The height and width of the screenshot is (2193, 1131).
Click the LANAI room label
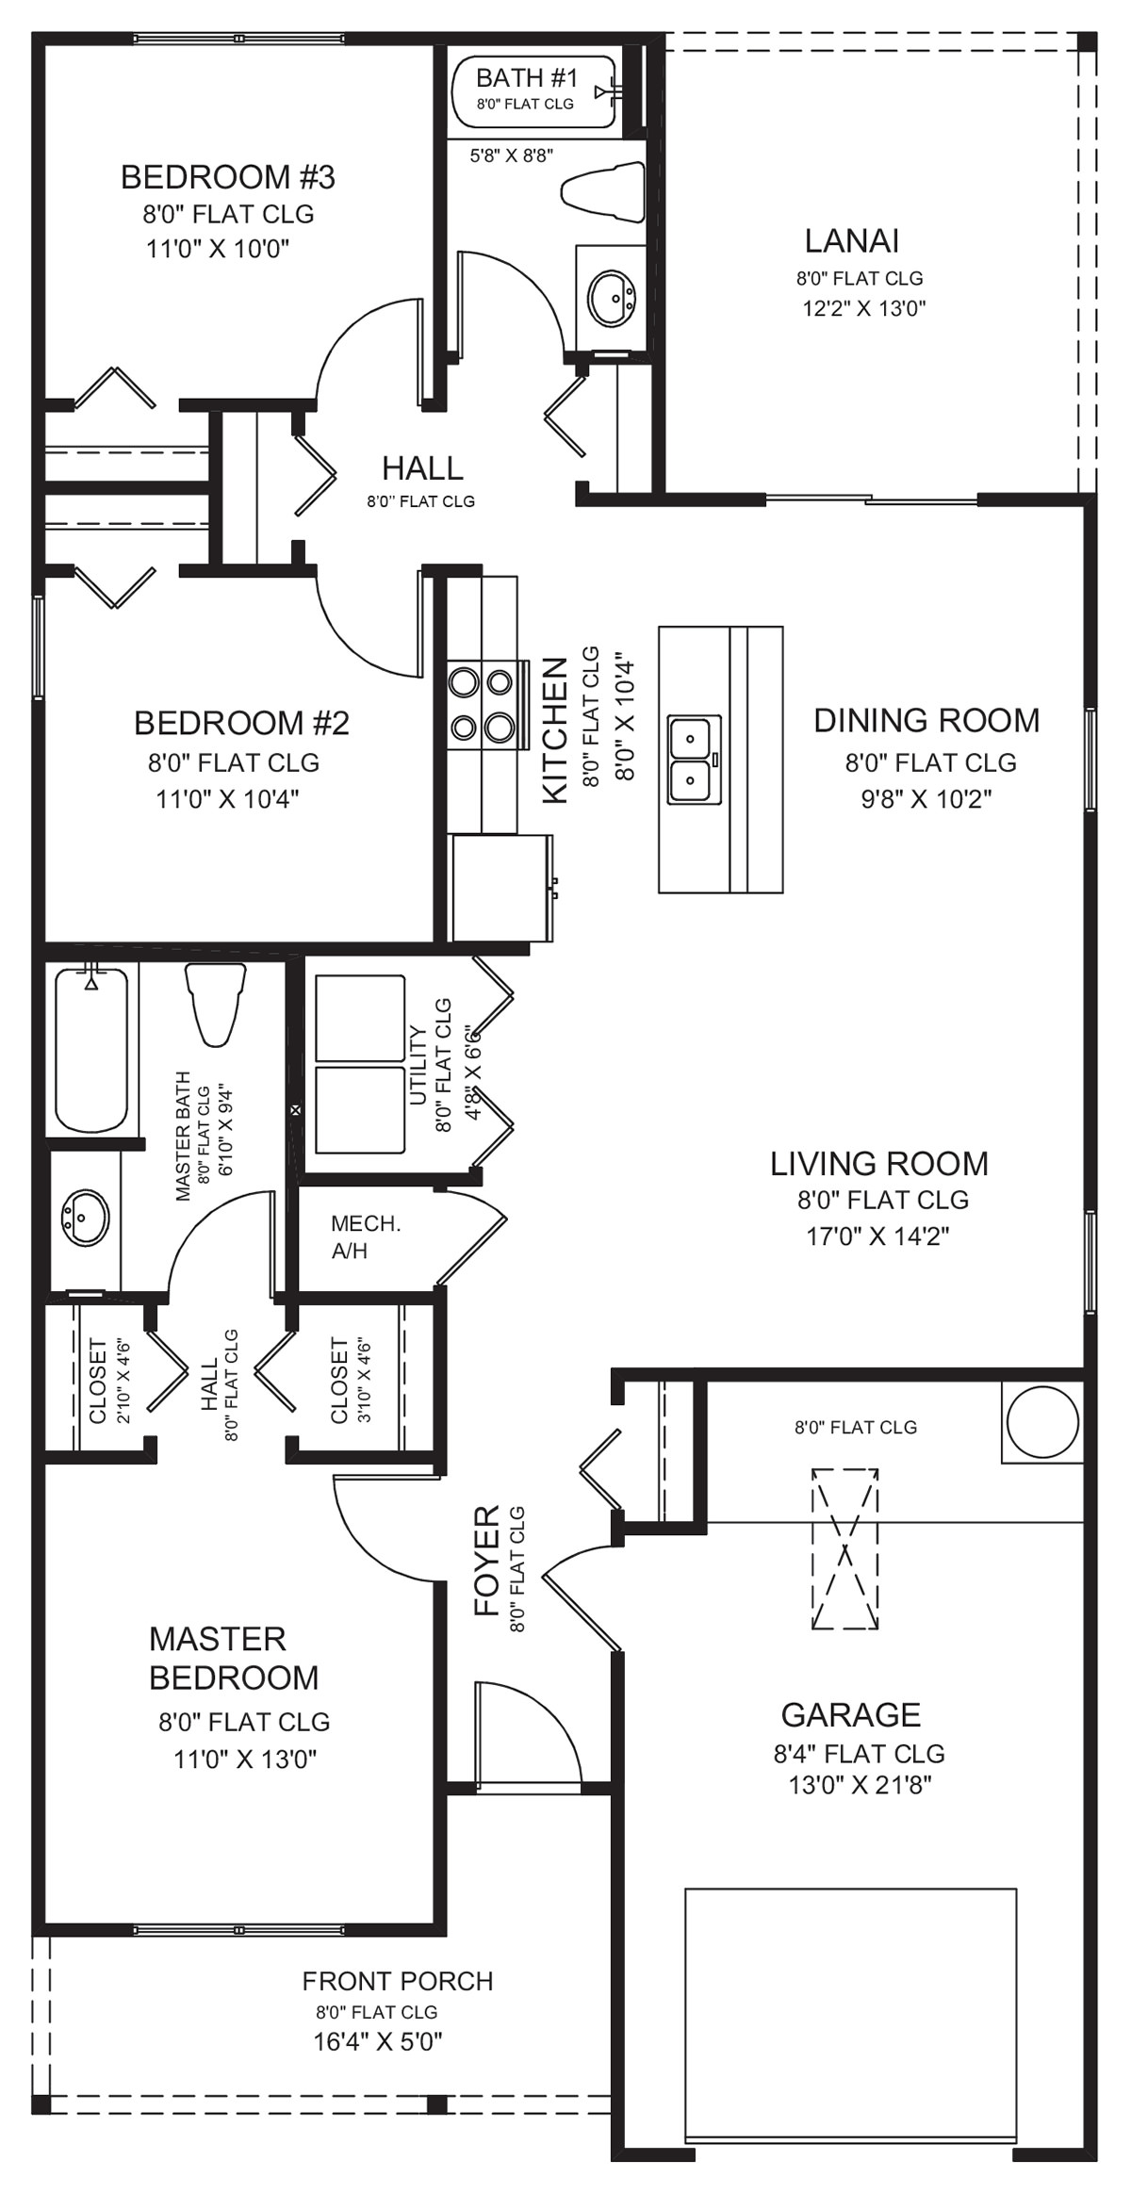pyautogui.click(x=851, y=241)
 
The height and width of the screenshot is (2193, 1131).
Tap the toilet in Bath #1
pyautogui.click(x=602, y=187)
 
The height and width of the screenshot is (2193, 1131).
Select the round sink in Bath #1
pyautogui.click(x=611, y=299)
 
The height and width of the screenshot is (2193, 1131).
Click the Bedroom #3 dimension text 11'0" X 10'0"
pyautogui.click(x=217, y=249)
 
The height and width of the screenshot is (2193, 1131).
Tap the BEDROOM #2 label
pyautogui.click(x=241, y=723)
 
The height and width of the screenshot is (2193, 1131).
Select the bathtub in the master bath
pyautogui.click(x=91, y=1051)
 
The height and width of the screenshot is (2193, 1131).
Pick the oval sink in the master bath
pyautogui.click(x=84, y=1217)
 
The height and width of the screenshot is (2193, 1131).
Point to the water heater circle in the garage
pyautogui.click(x=1041, y=1422)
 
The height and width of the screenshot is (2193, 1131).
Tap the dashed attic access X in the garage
pyautogui.click(x=844, y=1548)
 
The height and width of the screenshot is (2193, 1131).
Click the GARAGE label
pyautogui.click(x=850, y=1714)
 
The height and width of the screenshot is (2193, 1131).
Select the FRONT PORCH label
pyautogui.click(x=398, y=1981)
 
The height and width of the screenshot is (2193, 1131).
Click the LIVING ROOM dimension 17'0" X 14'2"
pyautogui.click(x=877, y=1236)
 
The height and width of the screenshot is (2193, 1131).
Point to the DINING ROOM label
pyautogui.click(x=926, y=720)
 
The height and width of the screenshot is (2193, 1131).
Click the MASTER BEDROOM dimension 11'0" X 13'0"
pyautogui.click(x=245, y=1759)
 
